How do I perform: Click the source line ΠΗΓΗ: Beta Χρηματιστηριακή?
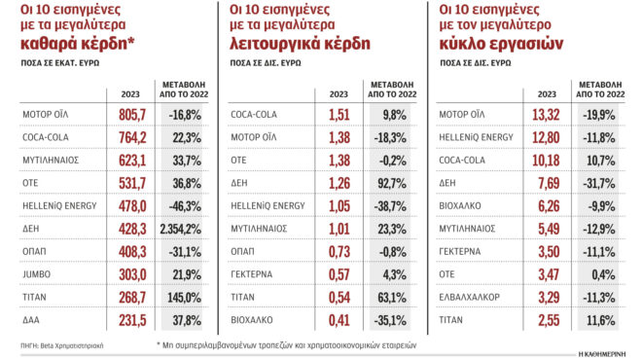53,345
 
